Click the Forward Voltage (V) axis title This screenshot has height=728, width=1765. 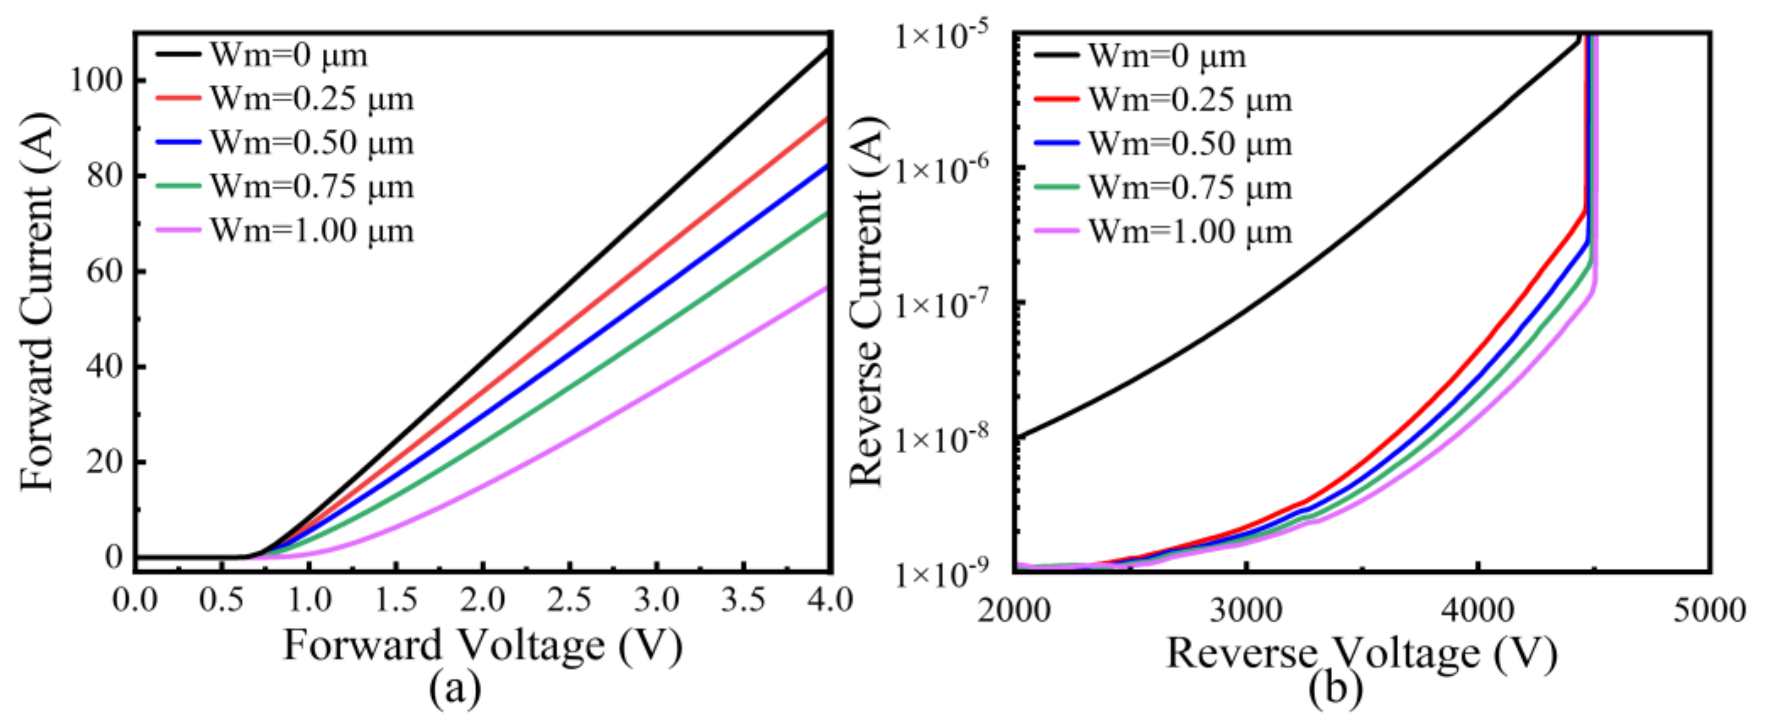pos(483,646)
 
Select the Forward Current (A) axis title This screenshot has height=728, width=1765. pos(38,301)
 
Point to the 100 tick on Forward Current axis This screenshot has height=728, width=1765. pos(96,81)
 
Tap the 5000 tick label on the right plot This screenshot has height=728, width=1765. pos(1709,610)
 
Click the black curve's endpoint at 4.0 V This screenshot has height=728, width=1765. pos(828,50)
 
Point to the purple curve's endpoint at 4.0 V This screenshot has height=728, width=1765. pos(828,287)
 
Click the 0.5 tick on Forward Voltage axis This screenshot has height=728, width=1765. pos(221,601)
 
